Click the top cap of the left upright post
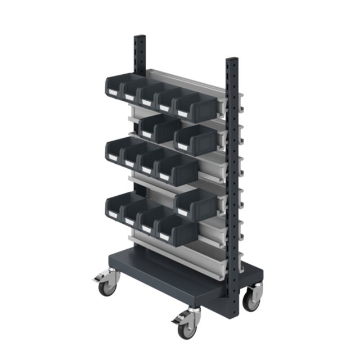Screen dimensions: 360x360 [x=139, y=38]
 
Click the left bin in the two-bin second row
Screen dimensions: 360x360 [x=158, y=128]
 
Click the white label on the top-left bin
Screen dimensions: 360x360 [x=111, y=91]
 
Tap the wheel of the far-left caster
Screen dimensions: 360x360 [x=106, y=288]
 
